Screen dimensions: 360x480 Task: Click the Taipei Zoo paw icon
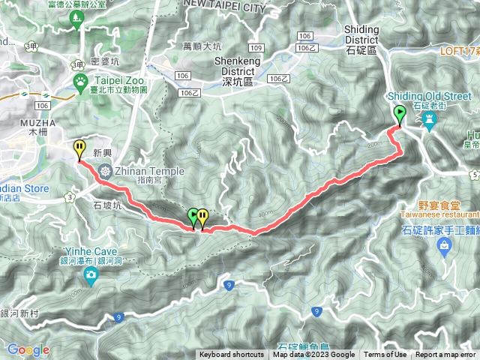[79, 80]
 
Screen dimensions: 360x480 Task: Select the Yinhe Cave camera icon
[91, 277]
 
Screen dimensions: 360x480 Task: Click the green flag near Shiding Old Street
[400, 114]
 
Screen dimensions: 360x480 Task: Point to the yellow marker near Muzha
[79, 149]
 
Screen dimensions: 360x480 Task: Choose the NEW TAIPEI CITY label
[225, 7]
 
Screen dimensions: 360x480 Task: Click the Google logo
[28, 349]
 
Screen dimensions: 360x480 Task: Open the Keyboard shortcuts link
[231, 355]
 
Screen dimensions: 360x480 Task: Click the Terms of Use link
[385, 355]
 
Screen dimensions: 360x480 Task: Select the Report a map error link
[445, 355]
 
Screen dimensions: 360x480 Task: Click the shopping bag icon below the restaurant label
[445, 245]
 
